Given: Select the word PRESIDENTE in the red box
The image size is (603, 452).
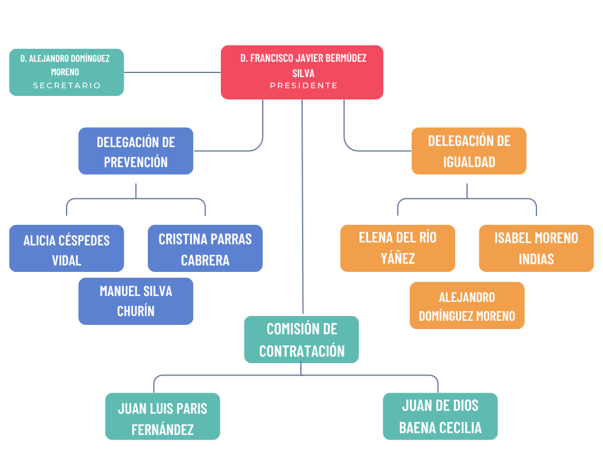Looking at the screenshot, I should pyautogui.click(x=304, y=85).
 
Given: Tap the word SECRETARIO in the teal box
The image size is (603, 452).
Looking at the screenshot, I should pyautogui.click(x=67, y=85).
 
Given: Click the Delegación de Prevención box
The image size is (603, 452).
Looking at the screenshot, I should pyautogui.click(x=135, y=151).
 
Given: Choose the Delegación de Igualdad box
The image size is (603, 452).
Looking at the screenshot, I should pyautogui.click(x=469, y=151).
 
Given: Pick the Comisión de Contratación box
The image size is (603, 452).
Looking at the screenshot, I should pyautogui.click(x=301, y=340).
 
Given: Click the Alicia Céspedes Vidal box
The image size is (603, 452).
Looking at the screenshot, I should pyautogui.click(x=67, y=248).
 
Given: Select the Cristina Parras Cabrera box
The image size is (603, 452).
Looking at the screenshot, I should pyautogui.click(x=205, y=248).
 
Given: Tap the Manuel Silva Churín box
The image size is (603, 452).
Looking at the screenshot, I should pyautogui.click(x=135, y=301).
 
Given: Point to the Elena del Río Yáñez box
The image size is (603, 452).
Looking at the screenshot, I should pyautogui.click(x=397, y=248).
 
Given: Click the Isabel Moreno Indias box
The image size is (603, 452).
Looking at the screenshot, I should pyautogui.click(x=536, y=248).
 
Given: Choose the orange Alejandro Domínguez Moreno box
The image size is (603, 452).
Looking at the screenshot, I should pyautogui.click(x=467, y=305).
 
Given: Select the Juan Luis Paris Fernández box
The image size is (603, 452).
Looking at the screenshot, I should pyautogui.click(x=163, y=417).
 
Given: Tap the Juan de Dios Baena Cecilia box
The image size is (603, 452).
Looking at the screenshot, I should pyautogui.click(x=440, y=417).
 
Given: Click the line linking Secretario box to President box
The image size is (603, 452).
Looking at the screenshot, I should pyautogui.click(x=172, y=72).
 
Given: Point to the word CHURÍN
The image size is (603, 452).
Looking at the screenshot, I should pyautogui.click(x=135, y=311).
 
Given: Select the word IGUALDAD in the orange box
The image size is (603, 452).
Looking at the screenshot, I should pyautogui.click(x=469, y=162).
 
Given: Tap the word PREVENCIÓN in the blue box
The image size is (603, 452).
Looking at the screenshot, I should pyautogui.click(x=135, y=162).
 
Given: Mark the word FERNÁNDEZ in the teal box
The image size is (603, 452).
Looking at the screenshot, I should pyautogui.click(x=163, y=430).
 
